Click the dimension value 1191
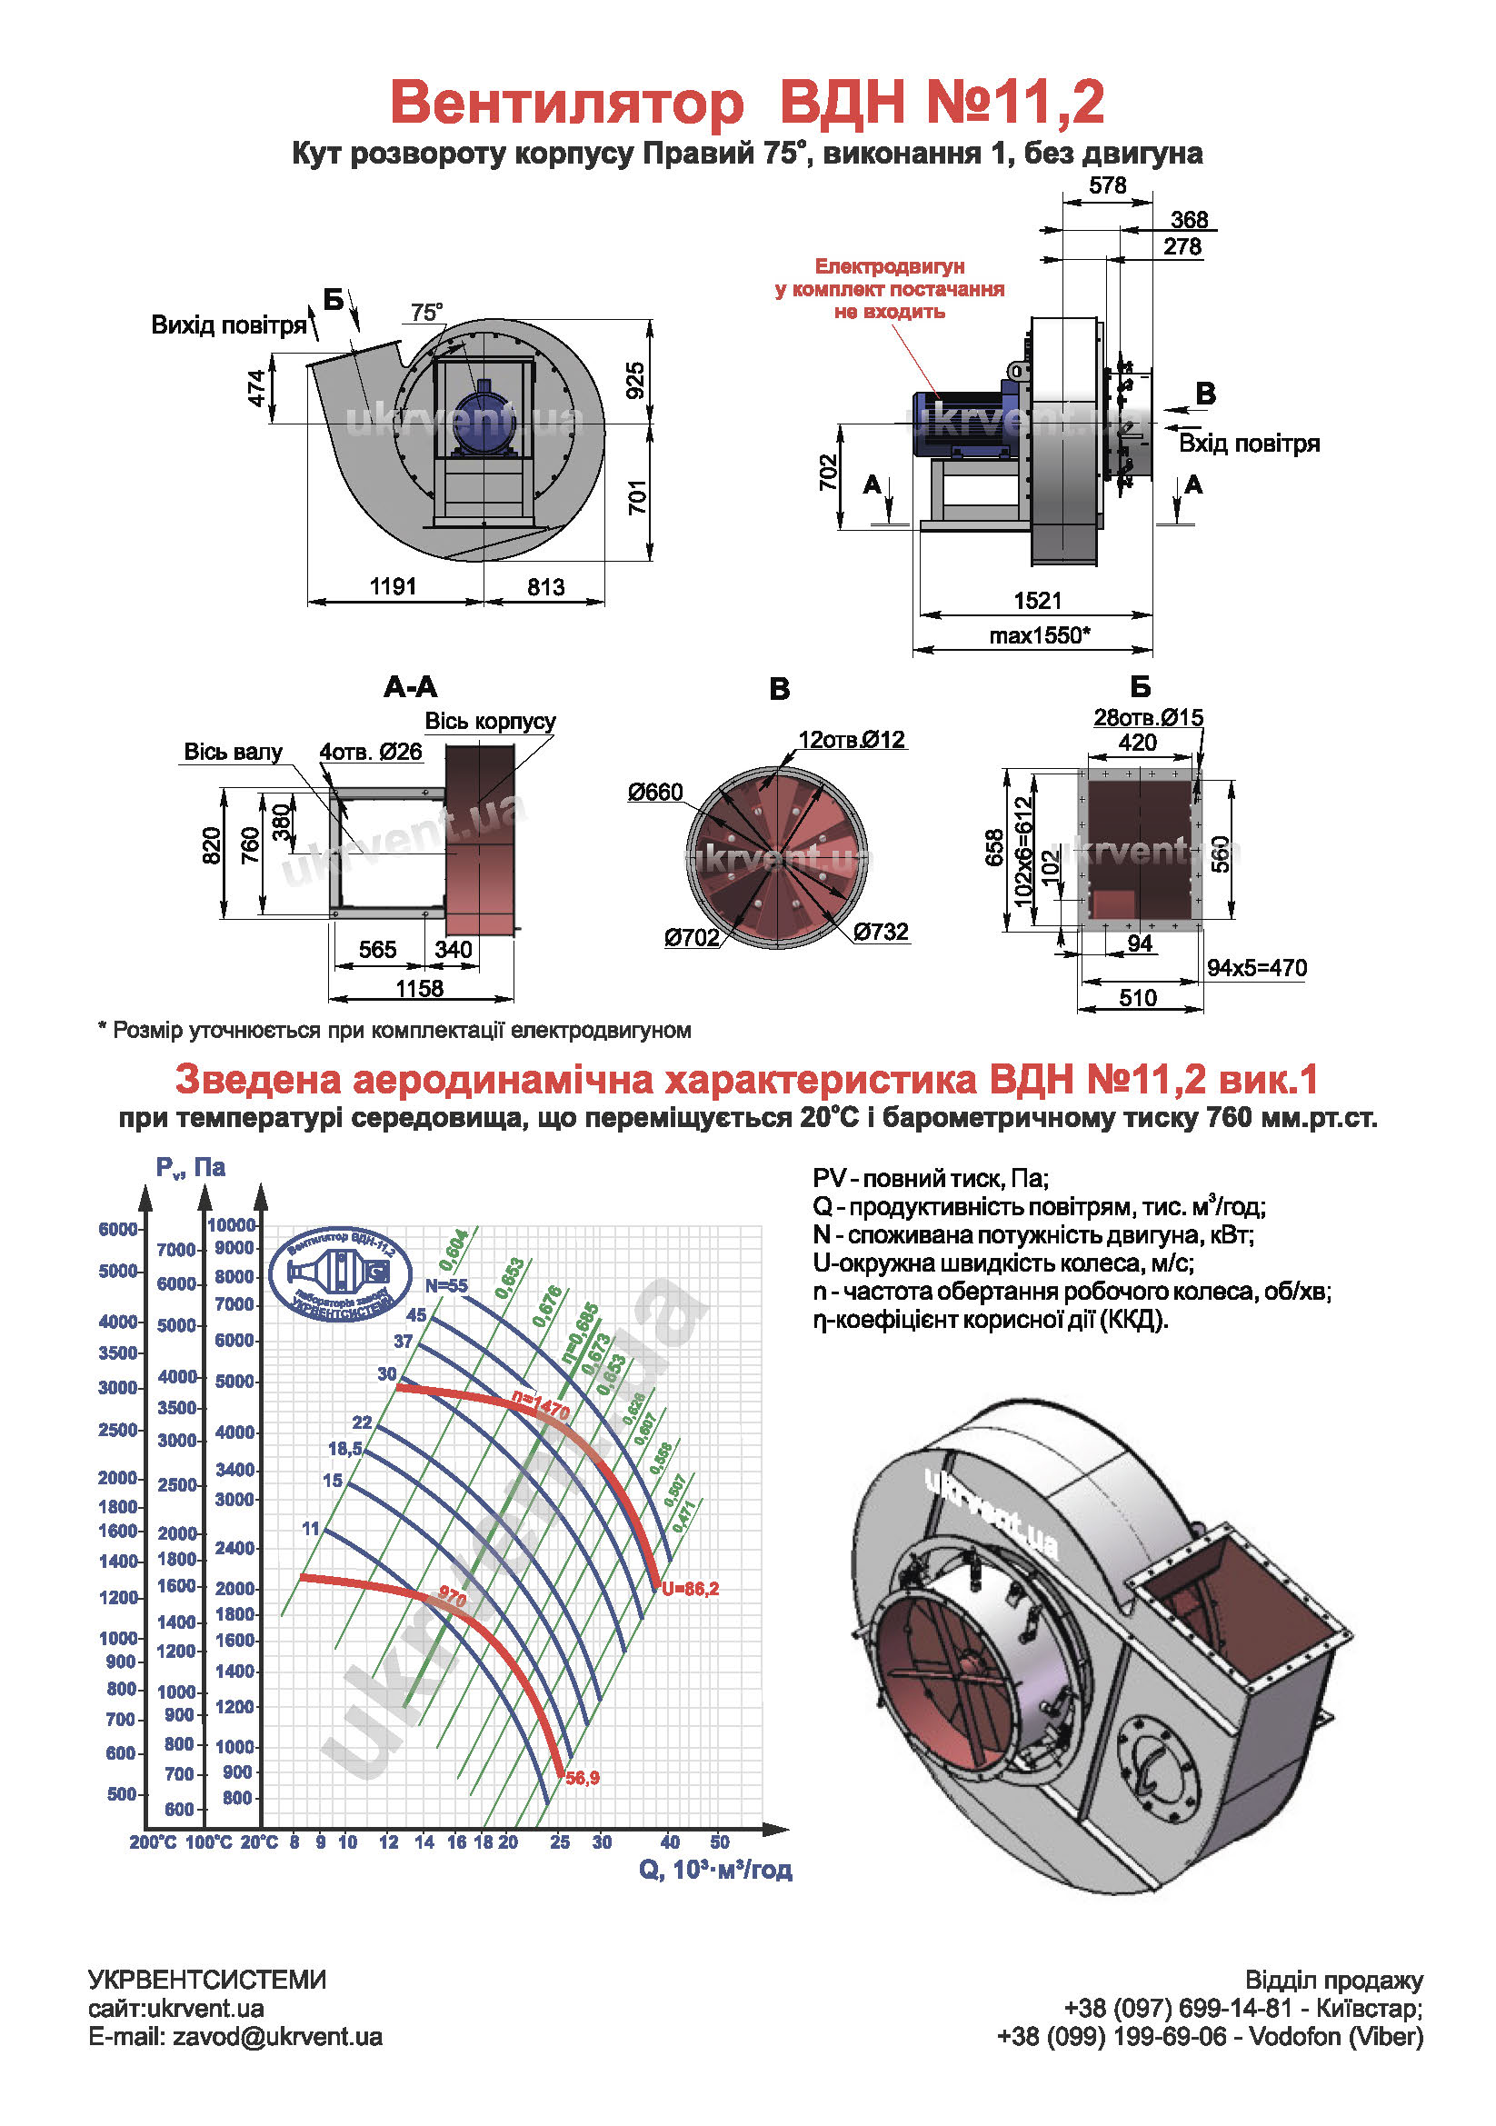point(393,586)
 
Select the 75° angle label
point(427,312)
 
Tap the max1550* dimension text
point(1039,635)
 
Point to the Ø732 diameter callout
point(881,932)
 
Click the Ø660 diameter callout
point(654,792)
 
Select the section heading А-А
point(410,687)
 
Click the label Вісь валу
point(233,751)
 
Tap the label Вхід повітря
point(1248,444)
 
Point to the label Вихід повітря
point(228,325)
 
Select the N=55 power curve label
point(446,1285)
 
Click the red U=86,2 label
point(690,1589)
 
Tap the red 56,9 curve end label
point(583,1778)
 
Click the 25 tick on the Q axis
point(559,1842)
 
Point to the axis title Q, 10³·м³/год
point(714,1870)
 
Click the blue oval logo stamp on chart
point(340,1275)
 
